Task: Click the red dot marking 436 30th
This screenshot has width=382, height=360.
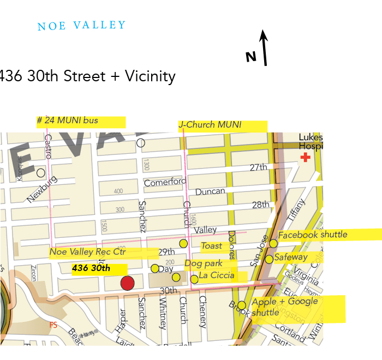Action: (127, 283)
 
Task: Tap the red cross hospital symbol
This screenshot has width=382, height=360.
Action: (306, 158)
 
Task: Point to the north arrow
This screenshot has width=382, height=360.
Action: (265, 47)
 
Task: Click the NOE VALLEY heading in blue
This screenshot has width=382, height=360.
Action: (81, 26)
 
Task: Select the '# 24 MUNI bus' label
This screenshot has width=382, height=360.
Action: (68, 121)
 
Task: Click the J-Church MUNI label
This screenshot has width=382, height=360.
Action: (210, 125)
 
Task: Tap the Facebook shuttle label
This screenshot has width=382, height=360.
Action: (313, 235)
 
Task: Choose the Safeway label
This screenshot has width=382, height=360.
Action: (291, 257)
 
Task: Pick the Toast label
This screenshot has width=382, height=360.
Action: (212, 246)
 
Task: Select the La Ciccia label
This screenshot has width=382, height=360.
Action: (217, 275)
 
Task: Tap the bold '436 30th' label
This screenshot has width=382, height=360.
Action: (91, 268)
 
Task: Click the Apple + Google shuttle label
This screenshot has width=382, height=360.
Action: (284, 307)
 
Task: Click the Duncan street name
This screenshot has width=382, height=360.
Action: (210, 191)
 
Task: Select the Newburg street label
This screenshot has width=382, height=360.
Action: (41, 189)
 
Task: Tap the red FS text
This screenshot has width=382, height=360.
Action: (53, 325)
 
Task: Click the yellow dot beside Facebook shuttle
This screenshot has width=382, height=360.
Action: (273, 243)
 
